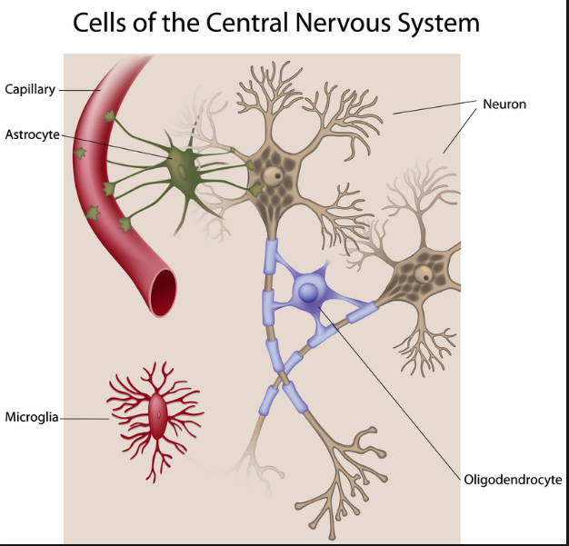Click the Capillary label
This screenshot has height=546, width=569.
[30, 89]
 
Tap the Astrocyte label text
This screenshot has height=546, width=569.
[32, 134]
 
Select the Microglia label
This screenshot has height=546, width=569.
[32, 417]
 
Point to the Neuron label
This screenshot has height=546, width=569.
[505, 104]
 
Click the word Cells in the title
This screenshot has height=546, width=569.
[104, 24]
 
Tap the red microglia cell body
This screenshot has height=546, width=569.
[159, 417]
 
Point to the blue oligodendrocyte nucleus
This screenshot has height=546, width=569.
[309, 293]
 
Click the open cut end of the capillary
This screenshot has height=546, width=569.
[165, 293]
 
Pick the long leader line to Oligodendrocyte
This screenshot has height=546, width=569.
[400, 391]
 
